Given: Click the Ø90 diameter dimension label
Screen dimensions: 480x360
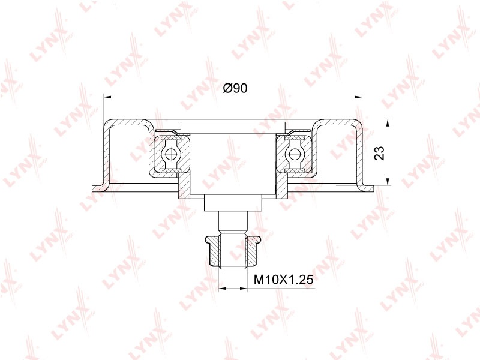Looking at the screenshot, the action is pyautogui.click(x=235, y=88).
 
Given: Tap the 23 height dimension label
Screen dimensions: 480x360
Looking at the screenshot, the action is pyautogui.click(x=379, y=153).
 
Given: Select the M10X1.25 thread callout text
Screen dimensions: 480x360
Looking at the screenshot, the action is pyautogui.click(x=284, y=279).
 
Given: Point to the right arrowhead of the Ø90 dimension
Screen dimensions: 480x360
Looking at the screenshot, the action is pyautogui.click(x=358, y=97).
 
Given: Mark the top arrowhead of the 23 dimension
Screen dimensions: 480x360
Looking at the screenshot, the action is pyautogui.click(x=388, y=123).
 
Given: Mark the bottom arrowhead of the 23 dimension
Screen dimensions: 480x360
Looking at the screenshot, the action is pyautogui.click(x=388, y=182).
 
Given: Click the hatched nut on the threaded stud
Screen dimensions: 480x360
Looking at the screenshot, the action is pyautogui.click(x=233, y=251).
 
